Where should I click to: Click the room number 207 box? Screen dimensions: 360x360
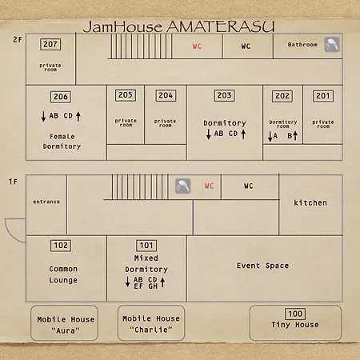pyautogui.click(x=50, y=44)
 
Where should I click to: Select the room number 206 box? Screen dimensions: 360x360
pyautogui.click(x=61, y=97)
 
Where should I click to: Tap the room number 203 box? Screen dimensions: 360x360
pyautogui.click(x=225, y=95)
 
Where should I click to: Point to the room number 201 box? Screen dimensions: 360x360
pyautogui.click(x=323, y=96)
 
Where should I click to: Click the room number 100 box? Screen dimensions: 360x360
pyautogui.click(x=295, y=314)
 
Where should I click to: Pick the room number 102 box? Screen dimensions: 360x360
pyautogui.click(x=61, y=246)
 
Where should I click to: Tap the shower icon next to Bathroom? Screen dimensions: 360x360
pyautogui.click(x=332, y=45)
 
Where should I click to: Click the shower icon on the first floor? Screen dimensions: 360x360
pyautogui.click(x=183, y=186)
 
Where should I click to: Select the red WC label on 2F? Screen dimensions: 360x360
pyautogui.click(x=197, y=46)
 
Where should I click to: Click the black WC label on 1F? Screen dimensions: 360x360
pyautogui.click(x=249, y=186)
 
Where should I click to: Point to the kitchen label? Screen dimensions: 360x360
pyautogui.click(x=310, y=203)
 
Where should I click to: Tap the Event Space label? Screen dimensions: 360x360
pyautogui.click(x=262, y=266)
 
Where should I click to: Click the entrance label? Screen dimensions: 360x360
pyautogui.click(x=46, y=202)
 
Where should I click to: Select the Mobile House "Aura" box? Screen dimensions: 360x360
pyautogui.click(x=64, y=323)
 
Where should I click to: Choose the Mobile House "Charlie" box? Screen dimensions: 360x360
pyautogui.click(x=151, y=323)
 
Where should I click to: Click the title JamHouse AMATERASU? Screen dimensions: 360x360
pyautogui.click(x=178, y=26)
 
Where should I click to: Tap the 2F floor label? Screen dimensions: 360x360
pyautogui.click(x=18, y=40)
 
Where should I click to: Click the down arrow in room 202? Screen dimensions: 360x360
pyautogui.click(x=270, y=136)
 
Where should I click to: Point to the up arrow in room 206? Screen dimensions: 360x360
pyautogui.click(x=78, y=116)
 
